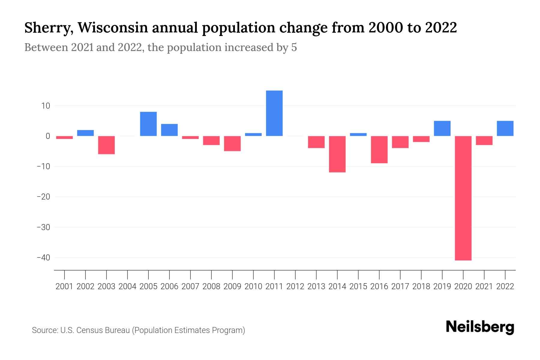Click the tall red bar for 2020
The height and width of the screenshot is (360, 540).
(x=463, y=198)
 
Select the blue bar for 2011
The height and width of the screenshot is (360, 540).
(x=274, y=113)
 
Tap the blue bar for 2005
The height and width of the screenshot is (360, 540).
(x=148, y=124)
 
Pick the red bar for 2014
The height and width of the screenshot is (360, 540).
(x=337, y=154)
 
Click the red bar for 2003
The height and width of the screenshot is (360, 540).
(x=106, y=145)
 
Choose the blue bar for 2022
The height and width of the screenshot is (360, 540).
(x=505, y=128)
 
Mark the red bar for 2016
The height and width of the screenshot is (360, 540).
(x=379, y=149)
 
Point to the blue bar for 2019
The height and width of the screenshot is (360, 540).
(x=442, y=128)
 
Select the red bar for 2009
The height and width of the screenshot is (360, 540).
(x=232, y=143)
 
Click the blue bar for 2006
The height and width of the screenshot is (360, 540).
(x=169, y=130)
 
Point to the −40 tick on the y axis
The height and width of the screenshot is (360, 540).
(x=43, y=258)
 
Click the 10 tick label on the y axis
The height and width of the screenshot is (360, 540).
(x=46, y=106)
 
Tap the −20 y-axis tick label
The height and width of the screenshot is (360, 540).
(x=43, y=197)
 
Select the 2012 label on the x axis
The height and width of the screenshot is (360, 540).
(x=295, y=286)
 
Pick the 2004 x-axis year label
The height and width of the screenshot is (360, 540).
(x=127, y=286)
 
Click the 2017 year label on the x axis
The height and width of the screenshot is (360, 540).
(x=400, y=286)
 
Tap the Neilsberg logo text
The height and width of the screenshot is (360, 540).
(x=480, y=327)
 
